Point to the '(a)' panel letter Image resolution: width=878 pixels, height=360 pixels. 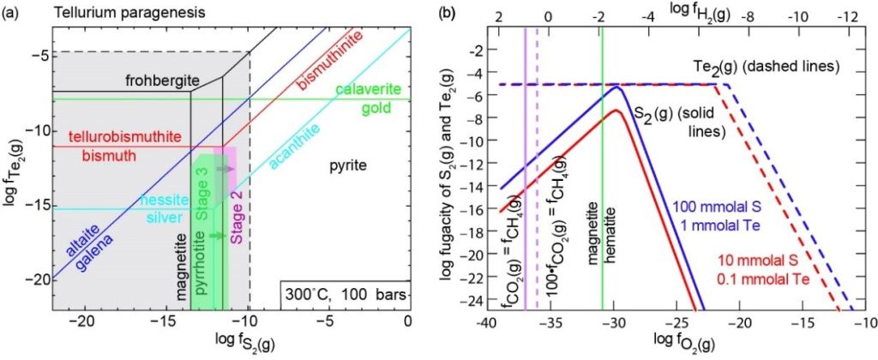pyautogui.click(x=12, y=14)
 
